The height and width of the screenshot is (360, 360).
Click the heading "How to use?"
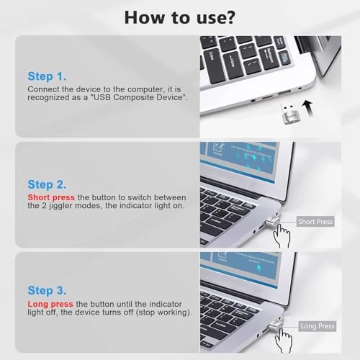click(179, 17)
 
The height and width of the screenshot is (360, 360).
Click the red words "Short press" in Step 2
click(50, 197)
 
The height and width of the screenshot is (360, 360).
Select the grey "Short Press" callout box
click(315, 222)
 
